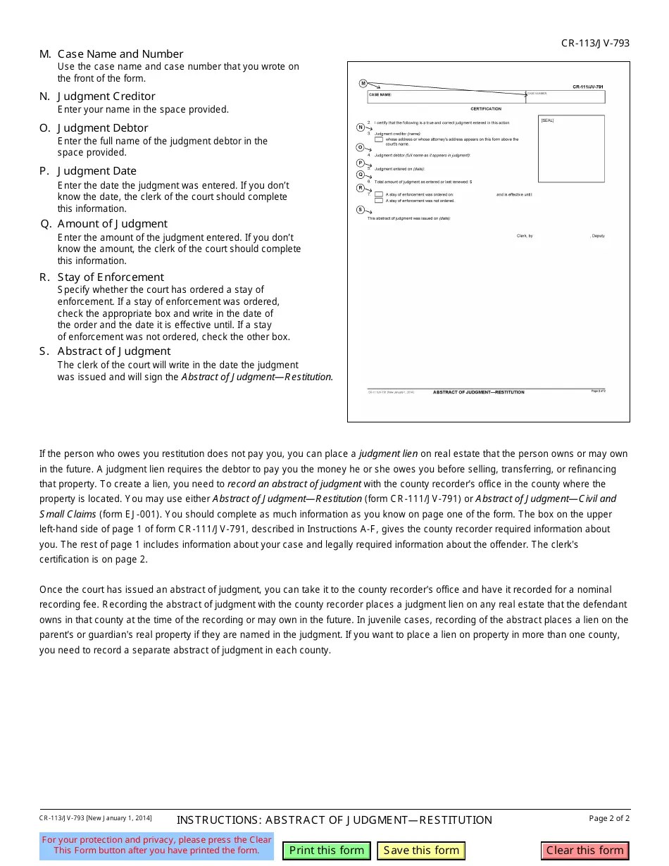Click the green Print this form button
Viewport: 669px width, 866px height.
[326, 851]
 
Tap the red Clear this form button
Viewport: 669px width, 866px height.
[584, 851]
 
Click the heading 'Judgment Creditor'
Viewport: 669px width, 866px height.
[106, 96]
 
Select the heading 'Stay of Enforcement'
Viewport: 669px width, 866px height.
[111, 277]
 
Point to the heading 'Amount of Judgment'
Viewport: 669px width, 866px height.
[112, 224]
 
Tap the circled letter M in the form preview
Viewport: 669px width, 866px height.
[363, 83]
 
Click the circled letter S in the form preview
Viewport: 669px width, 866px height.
[361, 210]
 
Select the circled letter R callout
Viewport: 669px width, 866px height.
[361, 188]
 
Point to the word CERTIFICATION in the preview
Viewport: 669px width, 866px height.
[486, 109]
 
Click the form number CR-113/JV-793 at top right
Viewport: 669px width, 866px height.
[595, 43]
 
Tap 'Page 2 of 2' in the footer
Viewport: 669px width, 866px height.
[609, 818]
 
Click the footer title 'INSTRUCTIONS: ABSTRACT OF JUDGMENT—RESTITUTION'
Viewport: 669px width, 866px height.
[334, 820]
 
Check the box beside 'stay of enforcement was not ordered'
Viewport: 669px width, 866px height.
[379, 201]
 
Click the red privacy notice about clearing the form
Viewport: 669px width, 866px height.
[156, 845]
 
